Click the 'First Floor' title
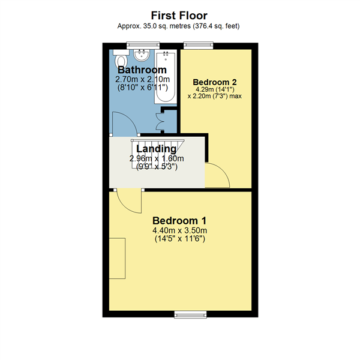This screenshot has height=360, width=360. coord(180,15)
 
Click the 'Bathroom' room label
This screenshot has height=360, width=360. coord(142,70)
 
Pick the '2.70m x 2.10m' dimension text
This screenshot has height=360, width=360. coord(143,79)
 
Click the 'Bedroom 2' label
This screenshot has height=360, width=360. coord(214,82)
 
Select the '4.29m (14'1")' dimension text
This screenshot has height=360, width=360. coord(214,89)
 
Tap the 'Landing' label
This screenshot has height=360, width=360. coord(157,149)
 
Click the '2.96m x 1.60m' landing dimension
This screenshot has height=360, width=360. coord(157,158)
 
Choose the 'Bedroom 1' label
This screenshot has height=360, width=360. coord(179,220)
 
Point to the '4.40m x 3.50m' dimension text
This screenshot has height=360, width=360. coord(179,230)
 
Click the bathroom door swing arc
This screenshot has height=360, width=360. coord(125,122)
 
